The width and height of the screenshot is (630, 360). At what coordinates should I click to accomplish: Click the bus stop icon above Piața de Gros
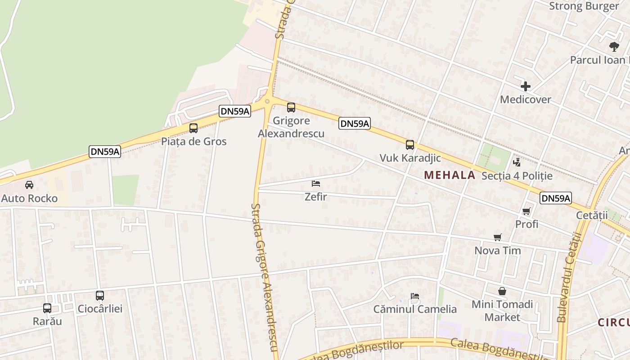(x=193, y=128)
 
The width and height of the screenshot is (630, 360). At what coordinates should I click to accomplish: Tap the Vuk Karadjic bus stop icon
(x=409, y=145)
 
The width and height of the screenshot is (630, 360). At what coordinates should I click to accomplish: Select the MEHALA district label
(x=450, y=175)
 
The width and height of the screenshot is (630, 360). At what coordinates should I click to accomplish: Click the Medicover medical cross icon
(x=525, y=86)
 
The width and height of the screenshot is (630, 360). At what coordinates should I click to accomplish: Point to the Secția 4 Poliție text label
(x=517, y=176)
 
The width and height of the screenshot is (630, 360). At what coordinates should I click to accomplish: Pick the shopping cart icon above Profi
(x=526, y=211)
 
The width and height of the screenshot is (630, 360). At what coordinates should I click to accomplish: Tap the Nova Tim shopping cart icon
(x=498, y=238)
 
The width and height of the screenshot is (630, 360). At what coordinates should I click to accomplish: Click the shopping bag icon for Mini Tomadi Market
(x=502, y=292)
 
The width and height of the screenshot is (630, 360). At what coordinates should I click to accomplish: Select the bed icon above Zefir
(x=316, y=184)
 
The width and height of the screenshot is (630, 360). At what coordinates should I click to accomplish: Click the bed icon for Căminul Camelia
(x=415, y=296)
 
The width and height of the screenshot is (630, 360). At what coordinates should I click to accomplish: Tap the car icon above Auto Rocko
(x=29, y=185)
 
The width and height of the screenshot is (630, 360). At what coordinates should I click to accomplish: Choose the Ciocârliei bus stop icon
(x=100, y=296)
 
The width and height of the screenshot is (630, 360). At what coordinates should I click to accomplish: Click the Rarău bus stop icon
(x=47, y=308)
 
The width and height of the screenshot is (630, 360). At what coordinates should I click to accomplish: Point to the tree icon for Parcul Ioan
(x=614, y=46)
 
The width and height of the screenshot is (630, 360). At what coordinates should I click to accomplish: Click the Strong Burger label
(x=584, y=6)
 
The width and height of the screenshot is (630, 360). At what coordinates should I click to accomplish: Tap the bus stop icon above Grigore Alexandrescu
(x=291, y=108)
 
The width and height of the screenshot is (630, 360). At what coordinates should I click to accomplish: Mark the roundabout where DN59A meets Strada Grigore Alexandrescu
(x=267, y=101)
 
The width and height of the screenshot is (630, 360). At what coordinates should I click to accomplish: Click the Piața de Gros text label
(x=194, y=141)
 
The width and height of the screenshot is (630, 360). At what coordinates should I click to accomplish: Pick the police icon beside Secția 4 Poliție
(x=517, y=162)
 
